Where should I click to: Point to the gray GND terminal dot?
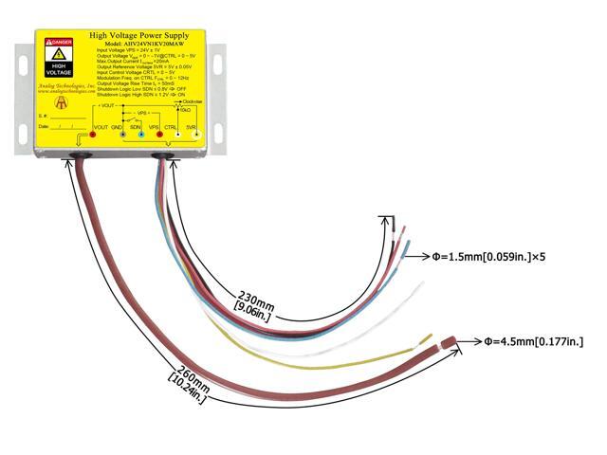[x=122, y=136]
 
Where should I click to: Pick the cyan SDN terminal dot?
[x=142, y=136]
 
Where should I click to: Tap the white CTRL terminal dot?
[x=176, y=136]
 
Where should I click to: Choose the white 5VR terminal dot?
[x=196, y=136]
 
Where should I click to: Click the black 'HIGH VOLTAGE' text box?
[x=59, y=69]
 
